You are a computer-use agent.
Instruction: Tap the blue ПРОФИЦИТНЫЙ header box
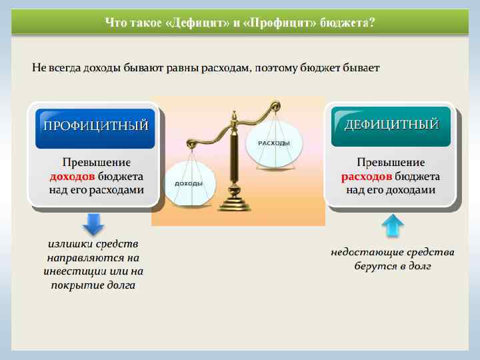pos(95,125)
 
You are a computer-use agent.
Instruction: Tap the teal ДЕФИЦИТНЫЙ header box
pos(391,125)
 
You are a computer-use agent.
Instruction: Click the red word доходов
pos(72,177)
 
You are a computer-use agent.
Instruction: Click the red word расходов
pos(366,177)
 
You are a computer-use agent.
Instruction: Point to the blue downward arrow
pos(93,223)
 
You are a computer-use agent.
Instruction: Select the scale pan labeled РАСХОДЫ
pos(273,143)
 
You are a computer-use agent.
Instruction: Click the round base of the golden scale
pos(235,203)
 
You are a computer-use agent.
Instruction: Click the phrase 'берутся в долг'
pos(393,266)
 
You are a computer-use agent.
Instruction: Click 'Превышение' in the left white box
pos(96,163)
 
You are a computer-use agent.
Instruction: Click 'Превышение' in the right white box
pos(391,163)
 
